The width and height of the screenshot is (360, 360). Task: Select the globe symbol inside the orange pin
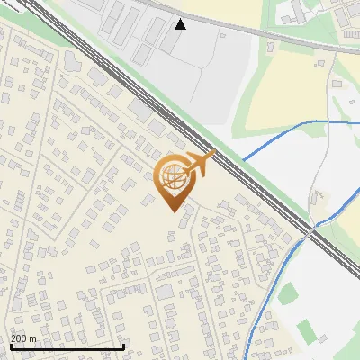pyautogui.click(x=174, y=179)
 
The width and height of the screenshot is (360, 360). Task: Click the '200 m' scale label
pyautogui.click(x=24, y=338)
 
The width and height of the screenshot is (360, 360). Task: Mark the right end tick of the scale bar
pyautogui.click(x=123, y=346)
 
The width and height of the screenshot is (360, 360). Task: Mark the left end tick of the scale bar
pyautogui.click(x=11, y=346)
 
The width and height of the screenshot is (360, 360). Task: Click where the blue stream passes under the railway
pyautogui.click(x=308, y=230)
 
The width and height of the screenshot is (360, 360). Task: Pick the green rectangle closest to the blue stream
pyautogui.click(x=290, y=293)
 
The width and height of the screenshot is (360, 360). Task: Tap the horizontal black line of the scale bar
pyautogui.click(x=67, y=347)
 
